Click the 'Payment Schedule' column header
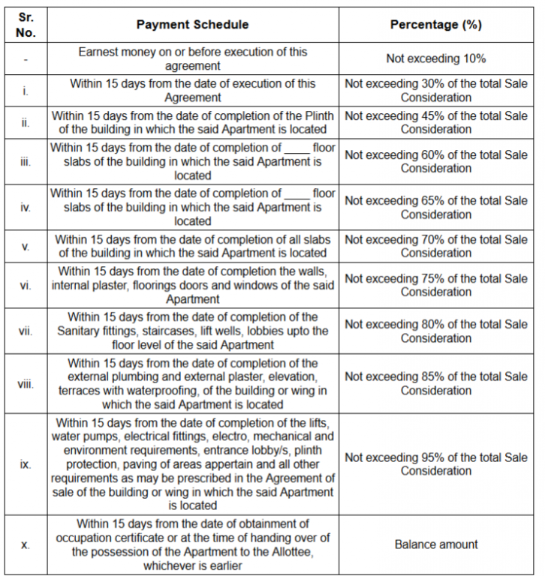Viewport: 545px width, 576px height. click(192, 25)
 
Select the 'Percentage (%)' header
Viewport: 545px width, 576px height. click(436, 25)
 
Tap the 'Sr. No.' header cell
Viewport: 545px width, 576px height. click(26, 25)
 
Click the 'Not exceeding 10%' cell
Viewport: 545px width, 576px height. click(436, 58)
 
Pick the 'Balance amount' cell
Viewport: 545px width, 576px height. click(436, 544)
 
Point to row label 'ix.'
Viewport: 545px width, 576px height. click(26, 464)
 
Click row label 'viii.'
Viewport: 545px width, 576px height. click(26, 384)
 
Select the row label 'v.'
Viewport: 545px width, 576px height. click(26, 246)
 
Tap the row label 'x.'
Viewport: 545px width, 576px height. click(26, 545)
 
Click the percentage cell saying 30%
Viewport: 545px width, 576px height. click(436, 91)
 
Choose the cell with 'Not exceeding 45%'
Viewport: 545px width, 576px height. click(436, 122)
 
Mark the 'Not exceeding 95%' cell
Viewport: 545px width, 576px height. click(436, 463)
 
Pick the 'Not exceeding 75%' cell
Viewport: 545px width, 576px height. click(436, 285)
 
